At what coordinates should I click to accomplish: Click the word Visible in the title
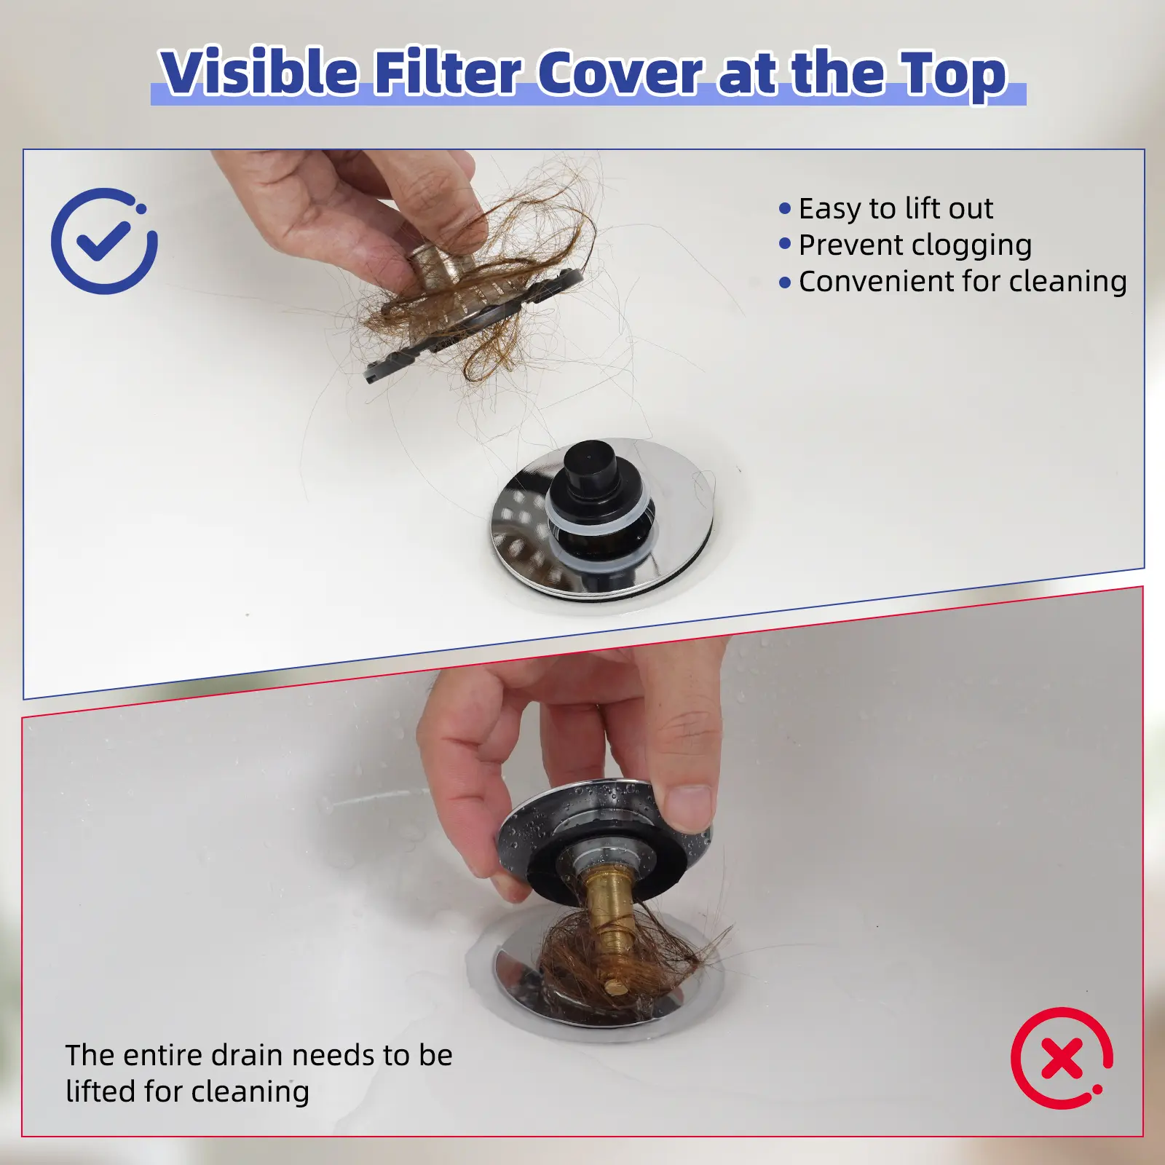pyautogui.click(x=258, y=73)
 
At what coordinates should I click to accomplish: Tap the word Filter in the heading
pyautogui.click(x=448, y=73)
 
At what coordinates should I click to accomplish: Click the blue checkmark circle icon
pyautogui.click(x=104, y=241)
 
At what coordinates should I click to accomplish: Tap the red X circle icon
pyautogui.click(x=1062, y=1059)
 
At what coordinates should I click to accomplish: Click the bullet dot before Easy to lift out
pyautogui.click(x=785, y=209)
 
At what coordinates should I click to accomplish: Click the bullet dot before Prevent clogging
pyautogui.click(x=785, y=244)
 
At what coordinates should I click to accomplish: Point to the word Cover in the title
pyautogui.click(x=620, y=73)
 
